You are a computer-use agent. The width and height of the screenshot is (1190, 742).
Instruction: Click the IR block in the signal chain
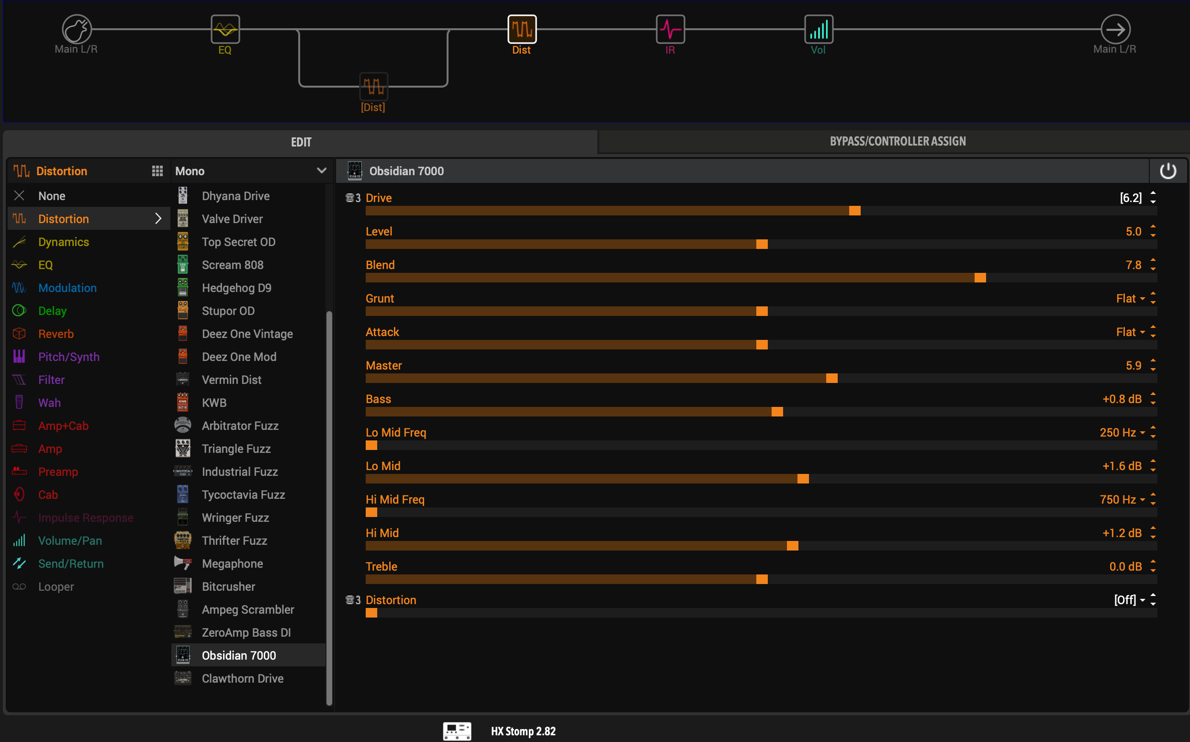click(x=670, y=30)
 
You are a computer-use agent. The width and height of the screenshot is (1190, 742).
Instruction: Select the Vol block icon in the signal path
click(x=819, y=30)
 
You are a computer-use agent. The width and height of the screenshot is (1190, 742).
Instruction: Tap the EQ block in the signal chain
click(x=225, y=30)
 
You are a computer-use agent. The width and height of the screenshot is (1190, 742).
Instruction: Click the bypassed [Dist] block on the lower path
click(x=374, y=86)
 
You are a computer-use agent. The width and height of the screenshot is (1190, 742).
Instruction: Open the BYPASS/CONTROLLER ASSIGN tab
click(x=898, y=141)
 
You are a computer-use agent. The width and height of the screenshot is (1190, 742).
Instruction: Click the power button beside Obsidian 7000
click(x=1168, y=171)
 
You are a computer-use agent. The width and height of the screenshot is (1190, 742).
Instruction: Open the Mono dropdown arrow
click(x=321, y=171)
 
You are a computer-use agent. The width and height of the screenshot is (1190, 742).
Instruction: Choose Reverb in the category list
click(x=56, y=334)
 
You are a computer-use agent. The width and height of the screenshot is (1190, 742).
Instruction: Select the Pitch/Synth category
click(x=69, y=357)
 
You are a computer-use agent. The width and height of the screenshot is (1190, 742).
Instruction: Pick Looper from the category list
click(x=56, y=586)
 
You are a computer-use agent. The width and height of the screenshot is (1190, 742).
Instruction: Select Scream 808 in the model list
click(x=233, y=265)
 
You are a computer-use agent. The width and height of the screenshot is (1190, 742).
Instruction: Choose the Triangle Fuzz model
click(x=236, y=449)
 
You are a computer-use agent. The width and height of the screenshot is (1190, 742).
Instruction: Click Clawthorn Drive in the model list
click(x=242, y=678)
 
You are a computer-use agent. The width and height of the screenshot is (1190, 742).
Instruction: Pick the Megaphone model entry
click(x=232, y=563)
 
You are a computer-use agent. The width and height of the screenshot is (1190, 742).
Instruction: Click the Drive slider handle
click(x=854, y=211)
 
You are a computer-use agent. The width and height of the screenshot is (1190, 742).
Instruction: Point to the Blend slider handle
click(x=980, y=278)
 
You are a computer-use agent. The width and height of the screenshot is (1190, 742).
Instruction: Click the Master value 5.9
click(x=1134, y=366)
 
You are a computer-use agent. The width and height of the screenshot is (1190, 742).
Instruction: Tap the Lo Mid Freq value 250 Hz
click(x=1117, y=432)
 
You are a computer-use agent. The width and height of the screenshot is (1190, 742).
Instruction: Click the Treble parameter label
click(x=382, y=566)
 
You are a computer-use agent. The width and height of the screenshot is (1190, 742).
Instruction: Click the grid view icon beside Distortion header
click(x=157, y=171)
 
